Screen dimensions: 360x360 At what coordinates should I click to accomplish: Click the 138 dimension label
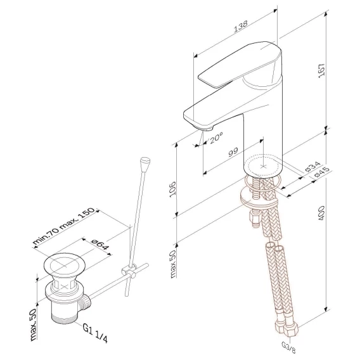pyautogui.click(x=241, y=26)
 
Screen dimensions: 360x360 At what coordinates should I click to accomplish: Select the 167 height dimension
pyautogui.click(x=322, y=70)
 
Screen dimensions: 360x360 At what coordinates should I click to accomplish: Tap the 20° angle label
pyautogui.click(x=216, y=138)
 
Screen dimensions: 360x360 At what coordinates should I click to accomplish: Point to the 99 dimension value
pyautogui.click(x=233, y=151)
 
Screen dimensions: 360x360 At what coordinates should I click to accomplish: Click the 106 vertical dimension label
pyautogui.click(x=172, y=189)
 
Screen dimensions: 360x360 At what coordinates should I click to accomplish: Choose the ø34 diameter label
pyautogui.click(x=312, y=167)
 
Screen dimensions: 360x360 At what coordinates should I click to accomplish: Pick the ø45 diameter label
pyautogui.click(x=322, y=172)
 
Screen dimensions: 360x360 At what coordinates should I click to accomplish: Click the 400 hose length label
pyautogui.click(x=322, y=213)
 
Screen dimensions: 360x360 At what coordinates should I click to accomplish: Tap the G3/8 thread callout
pyautogui.click(x=288, y=348)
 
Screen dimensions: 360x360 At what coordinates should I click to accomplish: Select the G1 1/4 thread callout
pyautogui.click(x=95, y=333)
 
